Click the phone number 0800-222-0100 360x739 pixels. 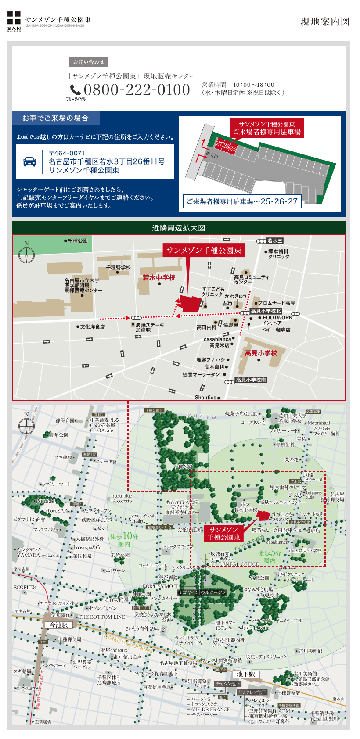(137, 90)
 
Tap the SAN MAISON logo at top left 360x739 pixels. (14, 21)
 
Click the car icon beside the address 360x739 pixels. (29, 161)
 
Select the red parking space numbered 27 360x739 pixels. (220, 144)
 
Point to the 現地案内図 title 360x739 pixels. (325, 22)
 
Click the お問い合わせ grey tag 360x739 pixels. (89, 62)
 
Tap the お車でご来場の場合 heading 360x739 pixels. (56, 118)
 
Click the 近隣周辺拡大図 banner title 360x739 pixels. (179, 228)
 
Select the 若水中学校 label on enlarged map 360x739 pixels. (159, 277)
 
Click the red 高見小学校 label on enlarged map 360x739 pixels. (261, 353)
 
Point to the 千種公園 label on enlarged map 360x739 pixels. (78, 241)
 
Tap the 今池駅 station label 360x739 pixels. (58, 625)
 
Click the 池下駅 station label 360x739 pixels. (245, 674)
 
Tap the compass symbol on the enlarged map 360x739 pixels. (26, 254)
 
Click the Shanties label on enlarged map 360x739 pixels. (205, 398)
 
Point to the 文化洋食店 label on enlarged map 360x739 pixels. (92, 327)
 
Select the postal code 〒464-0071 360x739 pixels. (67, 153)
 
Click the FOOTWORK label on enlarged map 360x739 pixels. (277, 317)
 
